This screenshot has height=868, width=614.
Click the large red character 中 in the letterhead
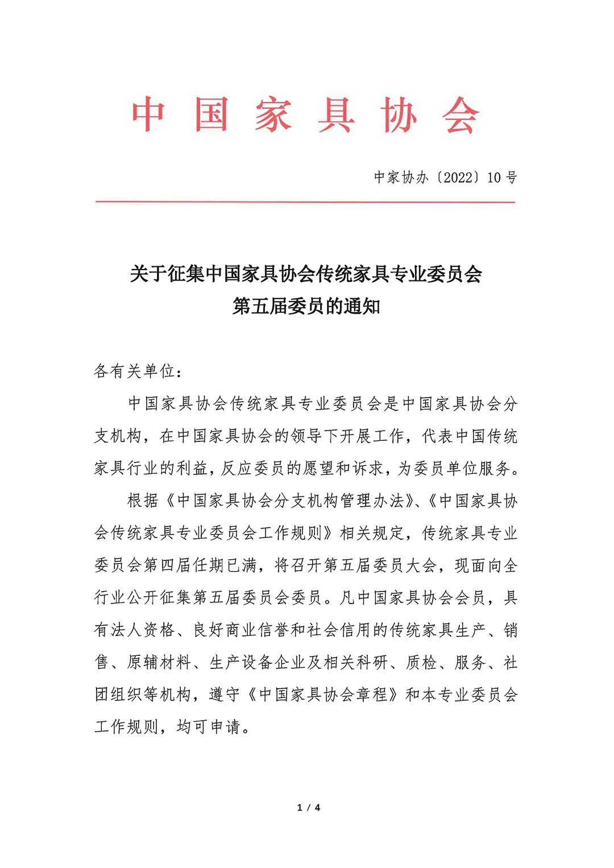(149, 114)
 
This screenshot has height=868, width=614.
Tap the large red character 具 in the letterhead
(337, 114)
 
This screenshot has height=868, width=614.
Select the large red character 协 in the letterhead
(399, 114)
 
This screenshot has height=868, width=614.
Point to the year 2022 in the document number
(458, 177)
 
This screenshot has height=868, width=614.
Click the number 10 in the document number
(494, 177)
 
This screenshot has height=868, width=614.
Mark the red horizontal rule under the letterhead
(305, 202)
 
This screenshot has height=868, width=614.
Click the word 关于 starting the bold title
(148, 274)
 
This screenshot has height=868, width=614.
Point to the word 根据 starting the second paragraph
(143, 501)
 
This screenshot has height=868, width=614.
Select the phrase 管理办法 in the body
(372, 501)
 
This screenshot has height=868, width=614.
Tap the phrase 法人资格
(143, 630)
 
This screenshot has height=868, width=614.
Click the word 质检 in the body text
(421, 663)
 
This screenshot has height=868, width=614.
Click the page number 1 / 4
(309, 808)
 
